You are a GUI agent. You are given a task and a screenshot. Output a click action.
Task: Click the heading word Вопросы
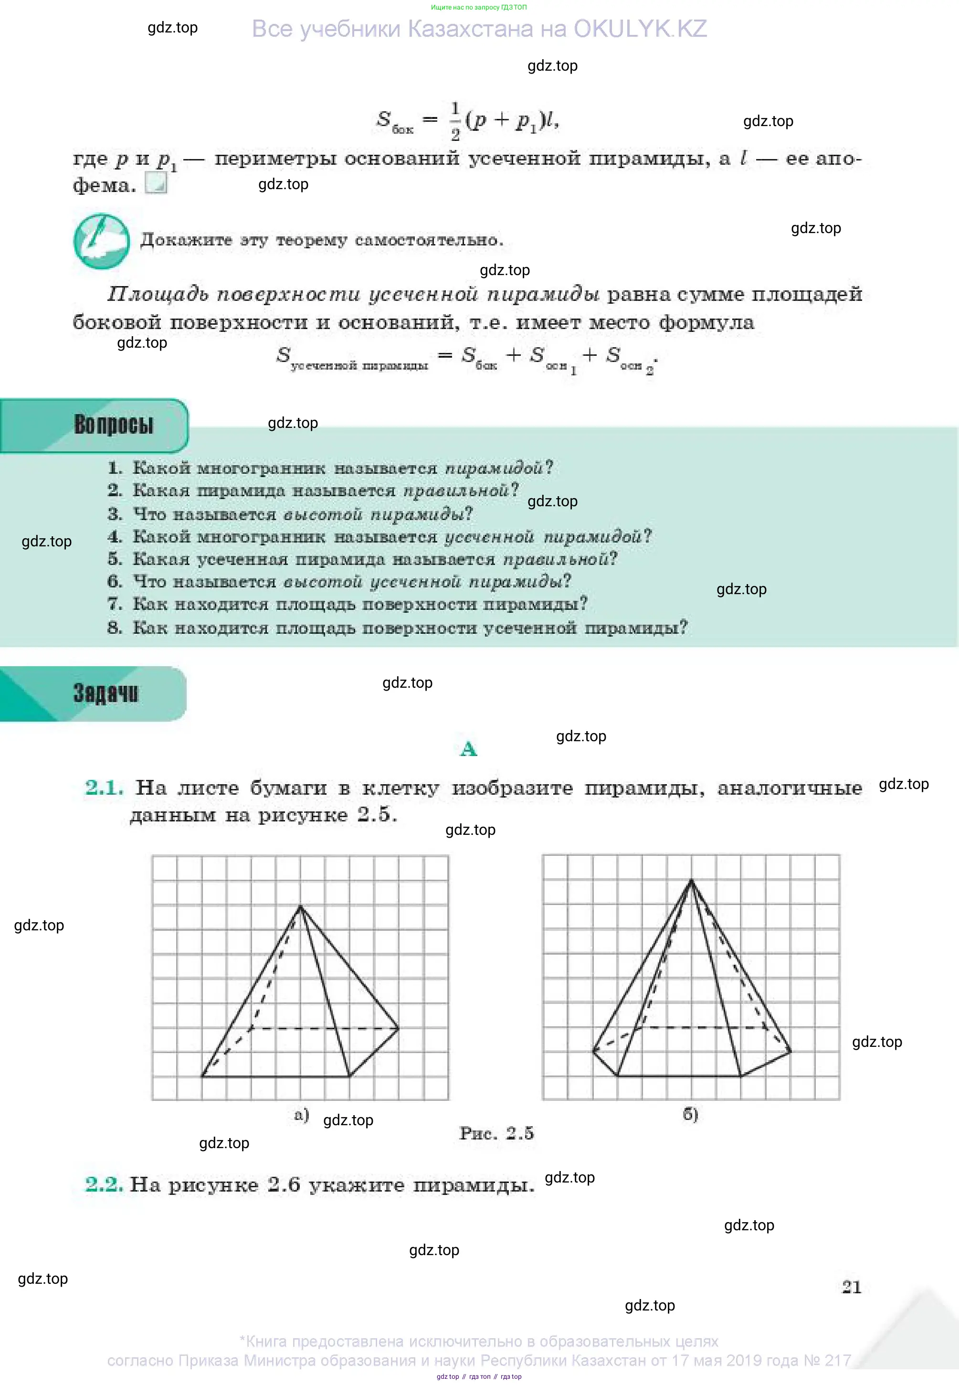coord(113,425)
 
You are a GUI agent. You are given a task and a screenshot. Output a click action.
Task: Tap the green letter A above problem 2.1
coord(469,749)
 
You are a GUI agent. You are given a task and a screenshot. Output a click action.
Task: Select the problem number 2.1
coord(104,788)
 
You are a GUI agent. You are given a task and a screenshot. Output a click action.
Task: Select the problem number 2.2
coord(104,1184)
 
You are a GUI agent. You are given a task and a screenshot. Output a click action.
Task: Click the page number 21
coord(852,1287)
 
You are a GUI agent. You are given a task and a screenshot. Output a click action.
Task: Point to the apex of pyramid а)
coord(300,906)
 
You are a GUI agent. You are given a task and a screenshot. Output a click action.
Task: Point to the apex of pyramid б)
coord(691,880)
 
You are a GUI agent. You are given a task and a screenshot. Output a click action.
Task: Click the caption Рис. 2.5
coord(496,1133)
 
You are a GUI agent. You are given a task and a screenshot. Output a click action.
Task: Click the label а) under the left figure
coord(302,1115)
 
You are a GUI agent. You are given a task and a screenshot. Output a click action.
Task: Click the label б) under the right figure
coord(690,1114)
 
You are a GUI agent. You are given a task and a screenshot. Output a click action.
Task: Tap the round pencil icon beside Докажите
coord(102,241)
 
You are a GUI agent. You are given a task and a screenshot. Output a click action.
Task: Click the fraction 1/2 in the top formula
coord(455,121)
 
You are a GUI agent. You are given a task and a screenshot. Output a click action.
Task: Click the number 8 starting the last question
coord(114,628)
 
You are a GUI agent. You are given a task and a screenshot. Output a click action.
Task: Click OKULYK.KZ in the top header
coord(640,29)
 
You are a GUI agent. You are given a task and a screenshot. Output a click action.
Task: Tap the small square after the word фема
coord(156,183)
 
